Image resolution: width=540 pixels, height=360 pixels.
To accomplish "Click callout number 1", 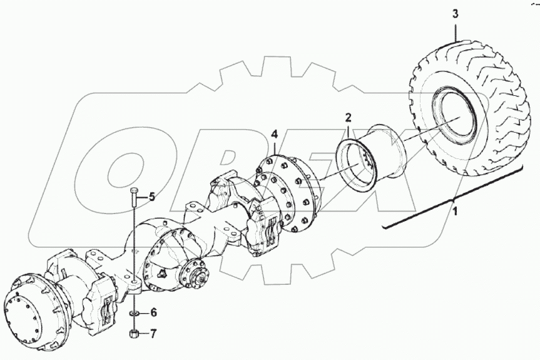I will (x=455, y=212).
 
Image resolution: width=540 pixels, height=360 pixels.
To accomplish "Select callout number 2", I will (x=348, y=117).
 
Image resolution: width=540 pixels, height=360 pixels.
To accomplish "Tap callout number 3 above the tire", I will (x=455, y=14).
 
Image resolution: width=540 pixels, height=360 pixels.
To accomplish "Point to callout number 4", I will (x=274, y=134).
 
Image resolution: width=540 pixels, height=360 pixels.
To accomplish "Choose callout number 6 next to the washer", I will (x=153, y=312).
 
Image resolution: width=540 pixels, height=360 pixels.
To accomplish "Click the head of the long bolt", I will (x=135, y=190).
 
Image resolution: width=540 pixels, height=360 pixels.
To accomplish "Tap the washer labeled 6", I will (x=135, y=312).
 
